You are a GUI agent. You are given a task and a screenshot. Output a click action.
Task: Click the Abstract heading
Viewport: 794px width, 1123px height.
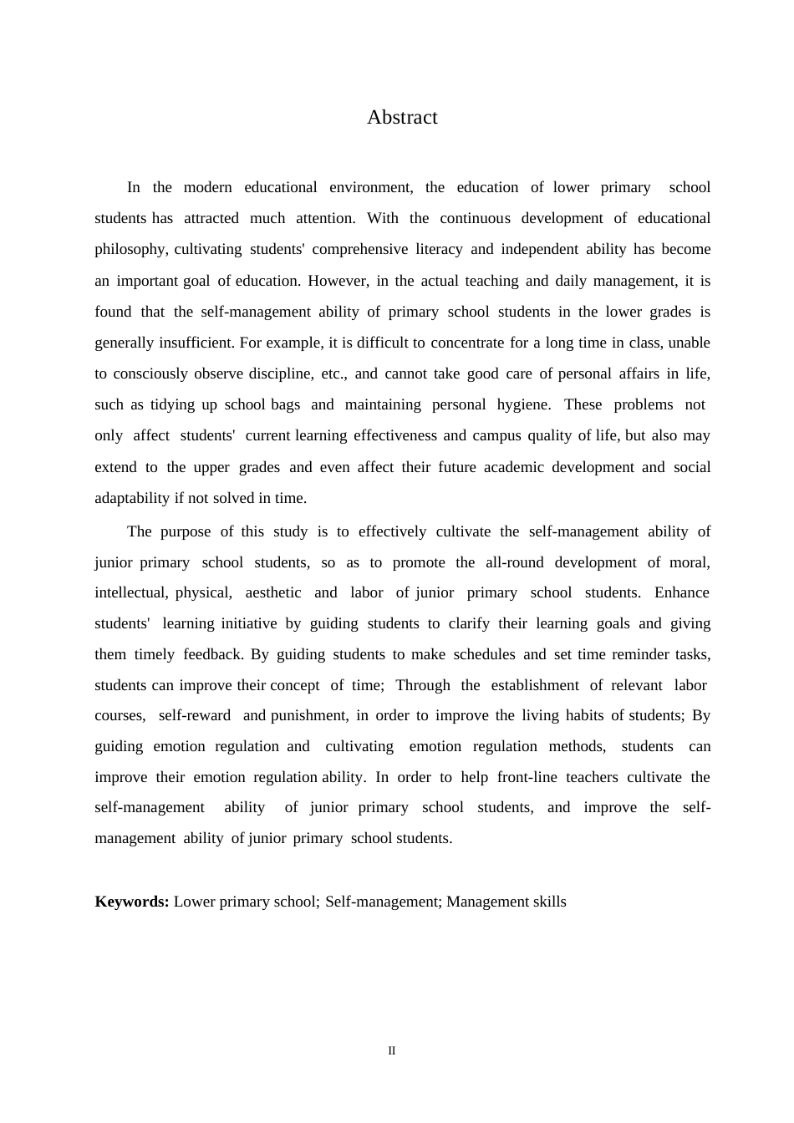(402, 118)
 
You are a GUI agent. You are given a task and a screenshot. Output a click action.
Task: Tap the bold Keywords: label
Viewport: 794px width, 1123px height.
(132, 902)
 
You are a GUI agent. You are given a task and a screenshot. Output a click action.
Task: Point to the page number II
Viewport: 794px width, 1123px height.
(391, 1051)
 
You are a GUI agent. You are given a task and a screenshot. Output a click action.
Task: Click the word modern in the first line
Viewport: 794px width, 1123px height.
(207, 187)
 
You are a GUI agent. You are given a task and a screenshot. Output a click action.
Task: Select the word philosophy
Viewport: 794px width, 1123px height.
(130, 249)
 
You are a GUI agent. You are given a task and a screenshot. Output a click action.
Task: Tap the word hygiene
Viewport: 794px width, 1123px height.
(523, 404)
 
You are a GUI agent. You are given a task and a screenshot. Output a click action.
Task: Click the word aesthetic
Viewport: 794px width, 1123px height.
(273, 592)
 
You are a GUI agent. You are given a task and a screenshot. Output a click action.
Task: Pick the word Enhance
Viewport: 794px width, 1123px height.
(681, 592)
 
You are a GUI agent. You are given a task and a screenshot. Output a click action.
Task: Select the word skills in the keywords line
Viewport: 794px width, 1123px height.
(547, 902)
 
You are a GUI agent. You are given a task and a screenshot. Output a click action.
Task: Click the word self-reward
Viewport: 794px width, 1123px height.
(194, 715)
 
